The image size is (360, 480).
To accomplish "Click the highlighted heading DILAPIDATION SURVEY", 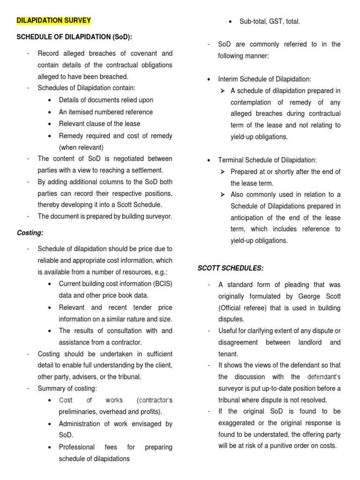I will [x=54, y=21].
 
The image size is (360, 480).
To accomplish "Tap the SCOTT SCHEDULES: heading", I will [x=230, y=268].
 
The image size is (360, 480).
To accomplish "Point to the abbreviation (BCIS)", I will [x=160, y=284].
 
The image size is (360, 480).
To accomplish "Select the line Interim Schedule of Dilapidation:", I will [x=264, y=79].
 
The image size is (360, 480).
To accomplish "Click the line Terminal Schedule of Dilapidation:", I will [x=267, y=160].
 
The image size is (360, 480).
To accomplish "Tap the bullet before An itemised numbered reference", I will [x=50, y=112].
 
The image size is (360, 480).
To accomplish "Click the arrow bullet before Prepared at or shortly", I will [x=224, y=172].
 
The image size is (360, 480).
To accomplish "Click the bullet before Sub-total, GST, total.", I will [x=231, y=21].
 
